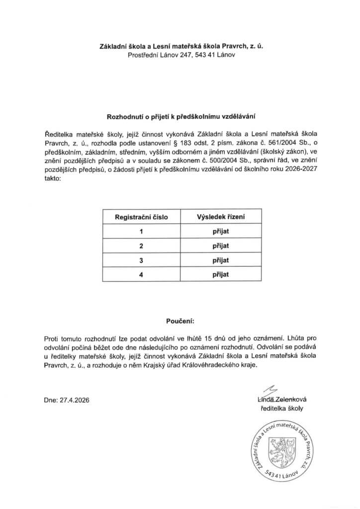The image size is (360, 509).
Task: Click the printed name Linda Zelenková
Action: [x=281, y=399]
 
